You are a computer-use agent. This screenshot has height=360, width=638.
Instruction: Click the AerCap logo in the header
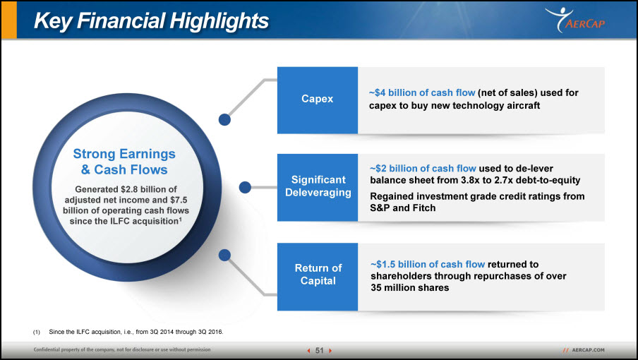click(x=574, y=20)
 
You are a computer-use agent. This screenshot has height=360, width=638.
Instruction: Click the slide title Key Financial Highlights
click(x=151, y=20)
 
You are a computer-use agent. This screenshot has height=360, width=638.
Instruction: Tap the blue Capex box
click(x=318, y=100)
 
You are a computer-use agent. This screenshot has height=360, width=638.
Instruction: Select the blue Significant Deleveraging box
click(x=318, y=188)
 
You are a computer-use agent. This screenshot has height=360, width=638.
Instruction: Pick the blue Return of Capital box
click(x=318, y=277)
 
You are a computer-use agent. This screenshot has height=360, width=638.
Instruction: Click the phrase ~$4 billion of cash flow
click(x=422, y=92)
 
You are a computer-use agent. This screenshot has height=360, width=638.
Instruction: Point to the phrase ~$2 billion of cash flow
click(x=423, y=169)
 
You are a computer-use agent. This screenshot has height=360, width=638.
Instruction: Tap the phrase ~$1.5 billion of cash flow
click(x=428, y=265)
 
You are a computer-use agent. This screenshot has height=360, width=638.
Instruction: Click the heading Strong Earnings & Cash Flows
click(x=124, y=162)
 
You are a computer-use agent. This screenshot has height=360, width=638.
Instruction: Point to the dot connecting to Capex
click(x=224, y=119)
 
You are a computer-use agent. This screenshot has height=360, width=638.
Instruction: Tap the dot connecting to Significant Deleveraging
click(x=245, y=187)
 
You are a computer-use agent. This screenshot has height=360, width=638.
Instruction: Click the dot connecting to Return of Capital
click(x=224, y=255)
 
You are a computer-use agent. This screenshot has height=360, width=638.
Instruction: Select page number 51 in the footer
click(x=320, y=350)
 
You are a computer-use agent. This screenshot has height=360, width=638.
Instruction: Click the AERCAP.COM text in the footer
click(x=589, y=350)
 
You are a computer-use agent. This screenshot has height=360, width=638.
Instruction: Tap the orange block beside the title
click(x=9, y=20)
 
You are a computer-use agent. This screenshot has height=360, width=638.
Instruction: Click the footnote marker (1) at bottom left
click(x=37, y=332)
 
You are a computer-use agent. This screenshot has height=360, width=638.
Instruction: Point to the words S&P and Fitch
click(x=403, y=208)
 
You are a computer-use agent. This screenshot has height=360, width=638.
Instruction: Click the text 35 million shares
click(x=410, y=287)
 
